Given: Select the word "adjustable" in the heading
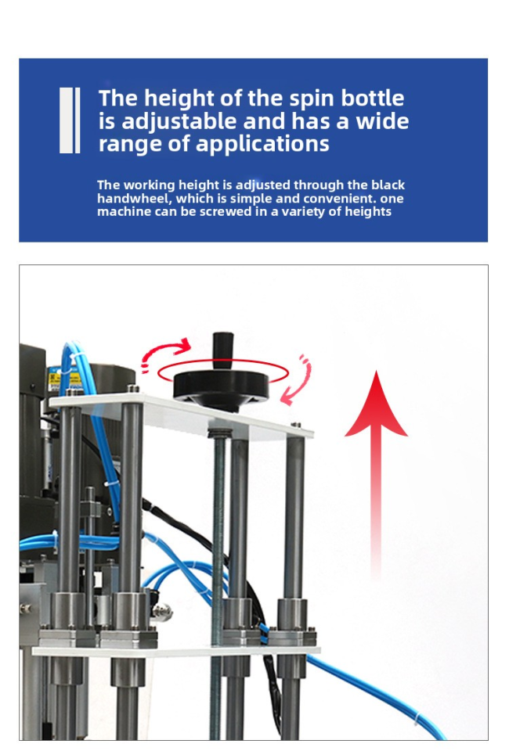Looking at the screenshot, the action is point(179,122).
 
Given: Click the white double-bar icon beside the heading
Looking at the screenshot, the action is point(70,120).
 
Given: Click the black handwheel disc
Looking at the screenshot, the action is point(221,387).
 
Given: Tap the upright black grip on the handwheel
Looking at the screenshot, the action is point(223,350).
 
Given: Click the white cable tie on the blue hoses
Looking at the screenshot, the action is point(76,357).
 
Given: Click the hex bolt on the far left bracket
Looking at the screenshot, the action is point(25,609).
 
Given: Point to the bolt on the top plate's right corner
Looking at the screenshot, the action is point(296,425).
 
